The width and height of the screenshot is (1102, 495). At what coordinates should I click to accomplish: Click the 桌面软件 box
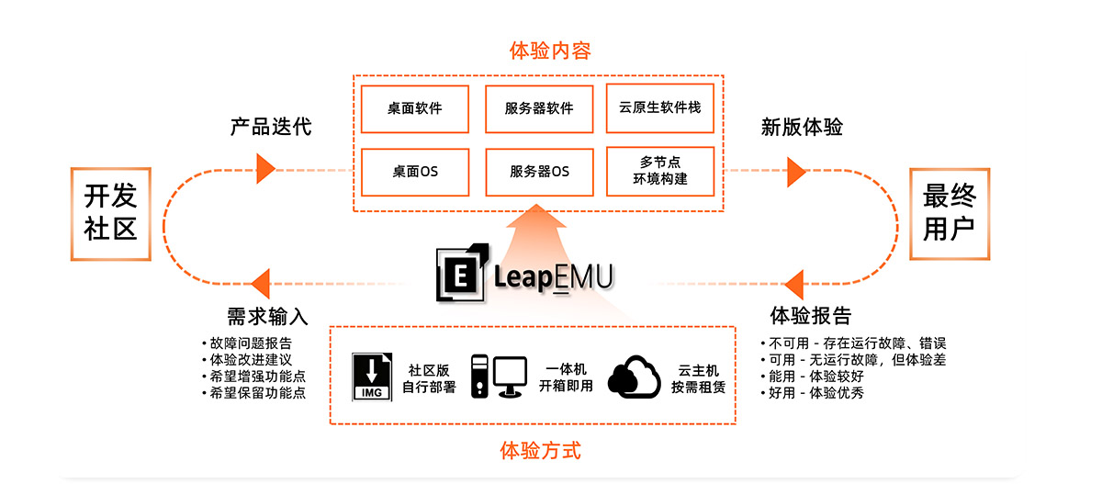pyautogui.click(x=415, y=108)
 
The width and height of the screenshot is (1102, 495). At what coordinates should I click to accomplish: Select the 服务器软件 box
pyautogui.click(x=538, y=108)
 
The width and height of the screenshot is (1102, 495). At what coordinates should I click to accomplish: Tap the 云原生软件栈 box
pyautogui.click(x=660, y=108)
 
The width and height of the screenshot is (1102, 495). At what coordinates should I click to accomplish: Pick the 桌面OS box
pyautogui.click(x=415, y=171)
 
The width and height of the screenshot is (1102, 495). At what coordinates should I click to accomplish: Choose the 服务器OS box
pyautogui.click(x=538, y=171)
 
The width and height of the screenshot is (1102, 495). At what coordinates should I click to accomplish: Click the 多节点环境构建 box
pyautogui.click(x=660, y=171)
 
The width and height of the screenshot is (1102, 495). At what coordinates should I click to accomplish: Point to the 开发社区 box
pyautogui.click(x=110, y=212)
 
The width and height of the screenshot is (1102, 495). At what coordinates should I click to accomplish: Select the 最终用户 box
pyautogui.click(x=949, y=212)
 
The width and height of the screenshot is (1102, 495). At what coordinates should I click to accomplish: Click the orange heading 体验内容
pyautogui.click(x=549, y=51)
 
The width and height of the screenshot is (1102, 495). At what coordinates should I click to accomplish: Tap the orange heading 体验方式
pyautogui.click(x=540, y=451)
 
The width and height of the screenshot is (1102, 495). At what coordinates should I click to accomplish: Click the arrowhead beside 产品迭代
pyautogui.click(x=265, y=167)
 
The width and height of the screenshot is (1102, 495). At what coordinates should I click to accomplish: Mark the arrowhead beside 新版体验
pyautogui.click(x=796, y=171)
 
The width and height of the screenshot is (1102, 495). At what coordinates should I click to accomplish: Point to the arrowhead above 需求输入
pyautogui.click(x=260, y=283)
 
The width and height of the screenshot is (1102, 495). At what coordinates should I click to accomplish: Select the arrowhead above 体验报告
pyautogui.click(x=794, y=284)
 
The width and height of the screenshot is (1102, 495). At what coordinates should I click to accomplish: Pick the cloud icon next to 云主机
pyautogui.click(x=635, y=377)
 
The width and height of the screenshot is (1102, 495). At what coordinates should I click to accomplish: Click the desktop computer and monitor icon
pyautogui.click(x=499, y=377)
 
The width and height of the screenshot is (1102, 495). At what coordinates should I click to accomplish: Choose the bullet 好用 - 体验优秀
pyautogui.click(x=813, y=392)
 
